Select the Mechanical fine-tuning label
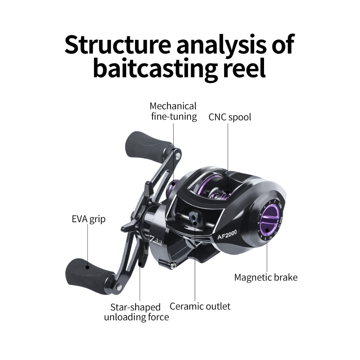[x=173, y=111]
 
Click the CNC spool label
[x=230, y=117]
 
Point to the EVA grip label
[x=88, y=219]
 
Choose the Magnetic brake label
[x=266, y=277]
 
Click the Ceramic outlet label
[x=200, y=306]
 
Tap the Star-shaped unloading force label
[x=136, y=312]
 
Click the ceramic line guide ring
[x=194, y=218]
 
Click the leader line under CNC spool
[x=227, y=155]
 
